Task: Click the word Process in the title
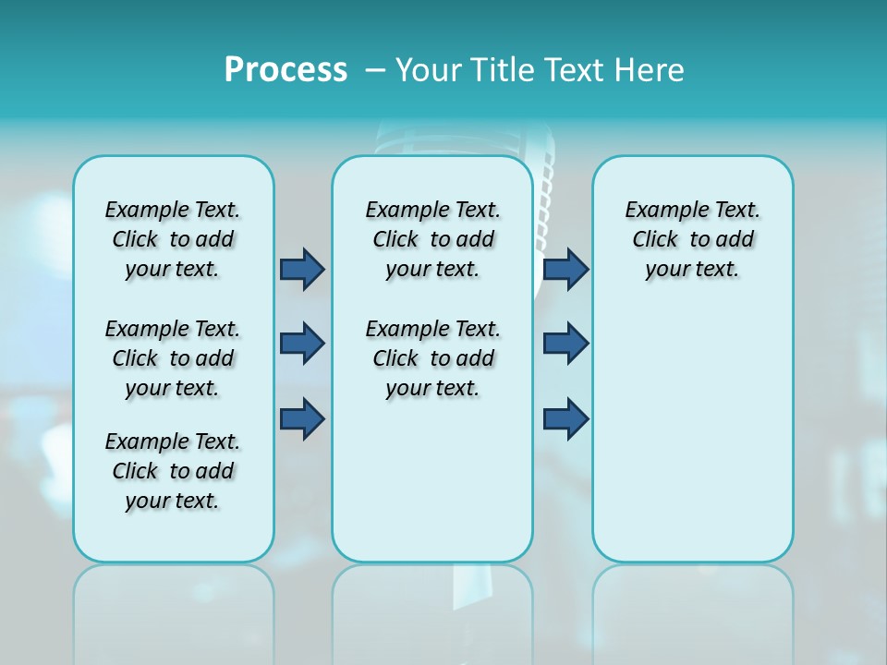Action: tap(286, 70)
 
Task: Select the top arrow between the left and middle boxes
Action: tap(302, 269)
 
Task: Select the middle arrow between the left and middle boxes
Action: tap(302, 344)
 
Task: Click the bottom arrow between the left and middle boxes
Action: tap(302, 418)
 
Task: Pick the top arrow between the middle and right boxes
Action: tap(566, 269)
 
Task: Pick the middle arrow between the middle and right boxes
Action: tap(566, 344)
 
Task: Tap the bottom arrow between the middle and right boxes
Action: tap(566, 418)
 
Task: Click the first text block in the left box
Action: tap(173, 239)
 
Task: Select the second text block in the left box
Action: tap(173, 358)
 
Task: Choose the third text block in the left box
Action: tap(173, 471)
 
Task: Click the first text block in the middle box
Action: tap(432, 239)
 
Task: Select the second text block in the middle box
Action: tap(432, 358)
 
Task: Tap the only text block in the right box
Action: tap(692, 239)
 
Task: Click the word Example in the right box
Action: tap(662, 211)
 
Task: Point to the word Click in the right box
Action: tap(655, 240)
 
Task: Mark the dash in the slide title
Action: tap(375, 70)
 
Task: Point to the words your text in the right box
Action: tap(692, 270)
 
